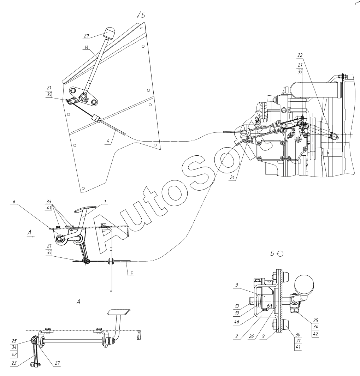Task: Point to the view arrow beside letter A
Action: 31,237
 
